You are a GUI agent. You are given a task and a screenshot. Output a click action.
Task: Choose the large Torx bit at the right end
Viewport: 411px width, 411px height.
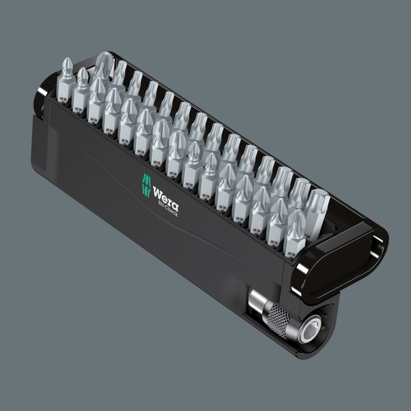[316, 210]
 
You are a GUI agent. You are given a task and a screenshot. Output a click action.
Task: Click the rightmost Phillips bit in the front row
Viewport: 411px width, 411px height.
[295, 233]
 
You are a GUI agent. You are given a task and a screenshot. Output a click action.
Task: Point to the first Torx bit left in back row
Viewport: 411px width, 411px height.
[120, 75]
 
